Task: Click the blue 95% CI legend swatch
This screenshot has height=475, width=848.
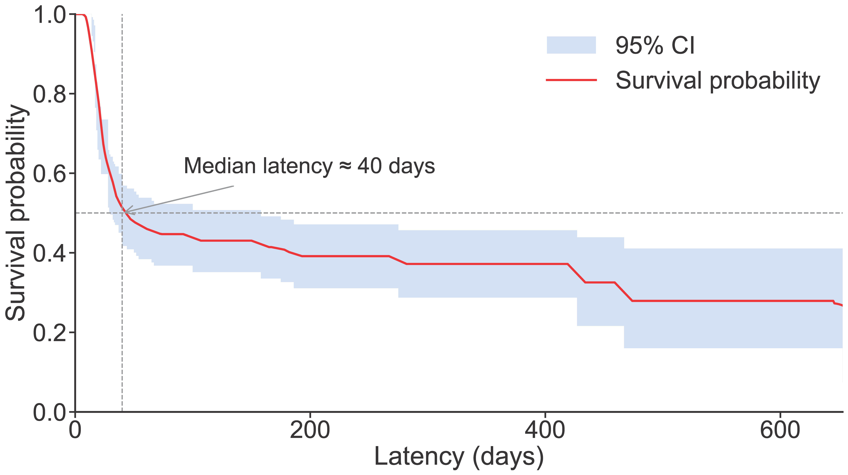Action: (571, 45)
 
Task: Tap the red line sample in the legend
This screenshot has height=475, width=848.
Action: (571, 80)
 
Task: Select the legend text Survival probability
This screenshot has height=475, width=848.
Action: (718, 81)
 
